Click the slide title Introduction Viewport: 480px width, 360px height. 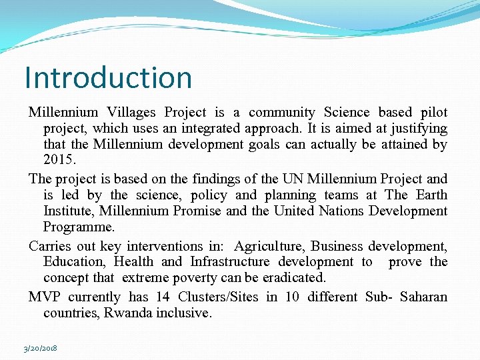108,77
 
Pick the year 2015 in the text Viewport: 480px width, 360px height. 59,161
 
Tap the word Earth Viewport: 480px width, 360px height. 431,195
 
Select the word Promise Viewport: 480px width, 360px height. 199,211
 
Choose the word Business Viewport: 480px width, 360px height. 337,246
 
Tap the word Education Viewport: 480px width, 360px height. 74,262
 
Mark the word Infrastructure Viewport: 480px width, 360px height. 230,262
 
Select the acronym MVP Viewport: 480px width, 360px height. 45,297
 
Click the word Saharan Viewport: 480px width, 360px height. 424,297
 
